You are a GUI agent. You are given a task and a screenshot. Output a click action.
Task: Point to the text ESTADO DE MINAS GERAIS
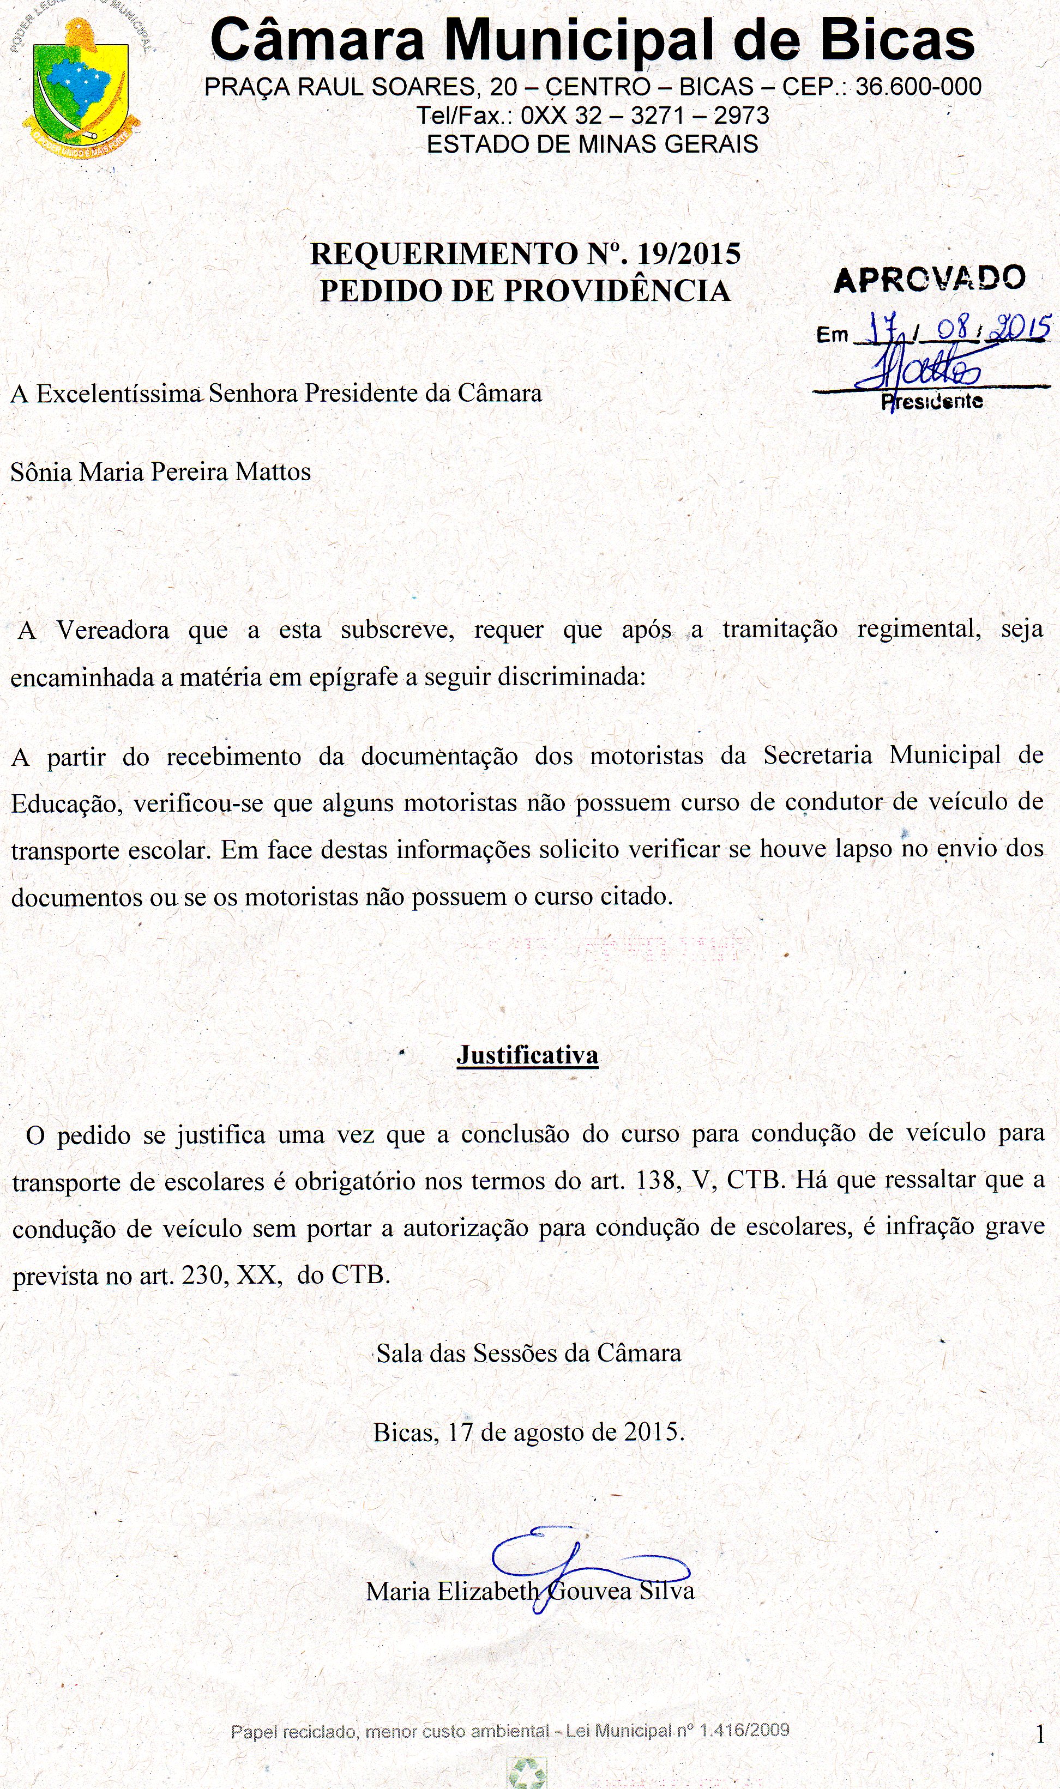pos(592,144)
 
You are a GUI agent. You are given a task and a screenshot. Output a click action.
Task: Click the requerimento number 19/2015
pos(689,254)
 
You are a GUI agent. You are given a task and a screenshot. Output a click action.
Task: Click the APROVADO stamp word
pos(929,279)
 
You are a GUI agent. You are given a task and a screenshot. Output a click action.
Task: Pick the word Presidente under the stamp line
pos(931,401)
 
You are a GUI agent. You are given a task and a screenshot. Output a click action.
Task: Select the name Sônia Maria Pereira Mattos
pos(161,472)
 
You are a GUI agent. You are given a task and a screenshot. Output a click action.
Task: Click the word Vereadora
pos(113,630)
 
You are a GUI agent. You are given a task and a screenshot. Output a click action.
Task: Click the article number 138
pos(656,1180)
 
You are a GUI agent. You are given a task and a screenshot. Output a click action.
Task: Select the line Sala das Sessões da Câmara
pos(528,1353)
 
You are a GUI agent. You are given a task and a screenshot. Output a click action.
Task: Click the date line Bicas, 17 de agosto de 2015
pos(528,1431)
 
